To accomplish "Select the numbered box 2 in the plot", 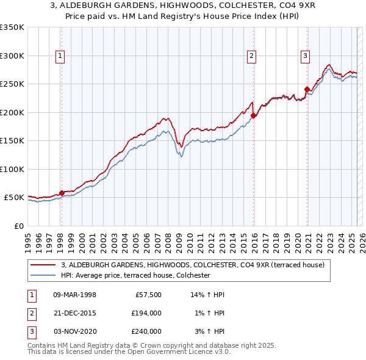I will [x=251, y=56].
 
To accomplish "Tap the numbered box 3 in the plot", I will [x=304, y=56].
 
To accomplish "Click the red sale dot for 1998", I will [x=62, y=193].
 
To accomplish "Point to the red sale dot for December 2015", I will [x=254, y=115].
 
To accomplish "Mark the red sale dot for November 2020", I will [x=307, y=89].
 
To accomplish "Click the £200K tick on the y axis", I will [x=12, y=112].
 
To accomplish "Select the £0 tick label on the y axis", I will [x=18, y=226].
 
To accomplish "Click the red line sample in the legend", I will [x=44, y=265].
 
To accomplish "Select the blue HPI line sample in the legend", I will [x=44, y=276].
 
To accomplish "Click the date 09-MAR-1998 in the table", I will [x=74, y=295].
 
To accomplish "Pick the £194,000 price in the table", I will [x=146, y=313].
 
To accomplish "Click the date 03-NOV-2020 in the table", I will [x=74, y=331].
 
